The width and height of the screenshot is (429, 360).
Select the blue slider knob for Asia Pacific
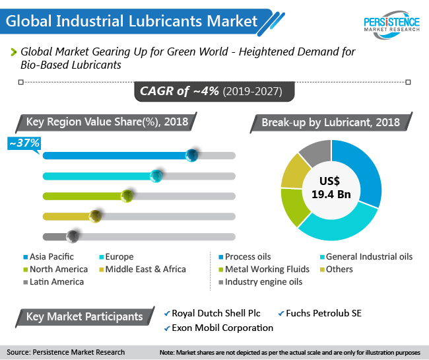[x=192, y=155]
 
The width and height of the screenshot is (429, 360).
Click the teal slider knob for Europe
[x=156, y=176]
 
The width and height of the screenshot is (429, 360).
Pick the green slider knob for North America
[x=127, y=196]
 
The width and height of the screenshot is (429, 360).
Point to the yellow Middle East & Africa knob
[x=96, y=216]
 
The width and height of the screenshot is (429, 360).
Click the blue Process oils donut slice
[x=360, y=171]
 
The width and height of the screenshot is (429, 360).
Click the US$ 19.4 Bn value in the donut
[x=331, y=187]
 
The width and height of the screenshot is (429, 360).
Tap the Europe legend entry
[x=119, y=256]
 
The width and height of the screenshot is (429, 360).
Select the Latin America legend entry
[x=57, y=281]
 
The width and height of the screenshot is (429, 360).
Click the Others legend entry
[x=339, y=269]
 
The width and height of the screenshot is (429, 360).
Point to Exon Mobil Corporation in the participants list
[x=222, y=327]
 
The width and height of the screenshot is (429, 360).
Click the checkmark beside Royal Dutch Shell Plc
[x=166, y=313]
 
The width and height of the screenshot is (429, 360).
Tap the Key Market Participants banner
[x=84, y=316]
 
